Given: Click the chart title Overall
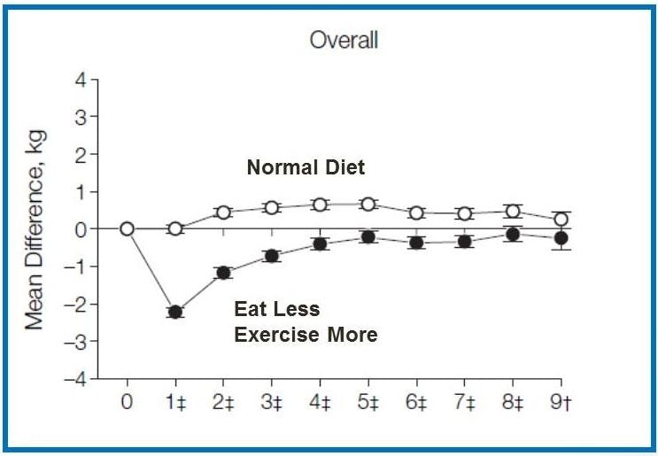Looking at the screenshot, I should coord(344,41).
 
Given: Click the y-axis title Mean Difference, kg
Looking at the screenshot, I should coord(35,229).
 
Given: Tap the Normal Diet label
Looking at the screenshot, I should coord(305,167).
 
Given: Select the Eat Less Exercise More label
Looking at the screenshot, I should coord(305,321).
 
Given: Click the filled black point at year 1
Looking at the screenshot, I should coord(175,312).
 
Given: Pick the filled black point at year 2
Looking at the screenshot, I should coord(223,273).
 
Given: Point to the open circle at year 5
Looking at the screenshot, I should coord(368,204).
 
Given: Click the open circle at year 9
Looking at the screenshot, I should coord(560,219).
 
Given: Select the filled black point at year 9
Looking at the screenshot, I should coord(560,237).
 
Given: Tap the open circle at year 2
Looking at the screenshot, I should coord(223,213).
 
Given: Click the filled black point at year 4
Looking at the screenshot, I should coord(320,243).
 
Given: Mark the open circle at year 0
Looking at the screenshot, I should coord(128,228).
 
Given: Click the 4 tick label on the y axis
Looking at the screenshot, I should coord(80,80).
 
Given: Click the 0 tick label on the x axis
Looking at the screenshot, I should coord(128,403).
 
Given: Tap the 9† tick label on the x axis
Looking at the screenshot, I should coord(561,403).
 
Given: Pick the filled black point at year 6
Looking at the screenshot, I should coord(415,242).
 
